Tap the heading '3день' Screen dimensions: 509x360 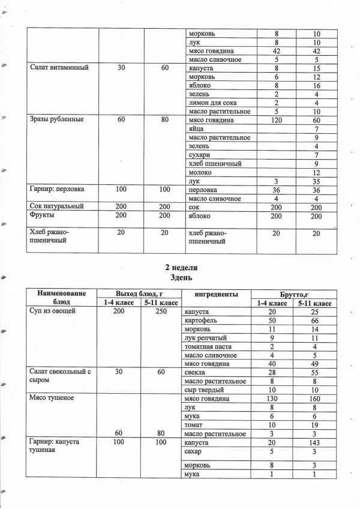click(181, 278)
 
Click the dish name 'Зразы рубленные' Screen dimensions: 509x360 click(57, 120)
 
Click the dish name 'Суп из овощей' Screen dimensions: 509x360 click(52, 312)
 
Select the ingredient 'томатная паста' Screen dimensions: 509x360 click(212, 346)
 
